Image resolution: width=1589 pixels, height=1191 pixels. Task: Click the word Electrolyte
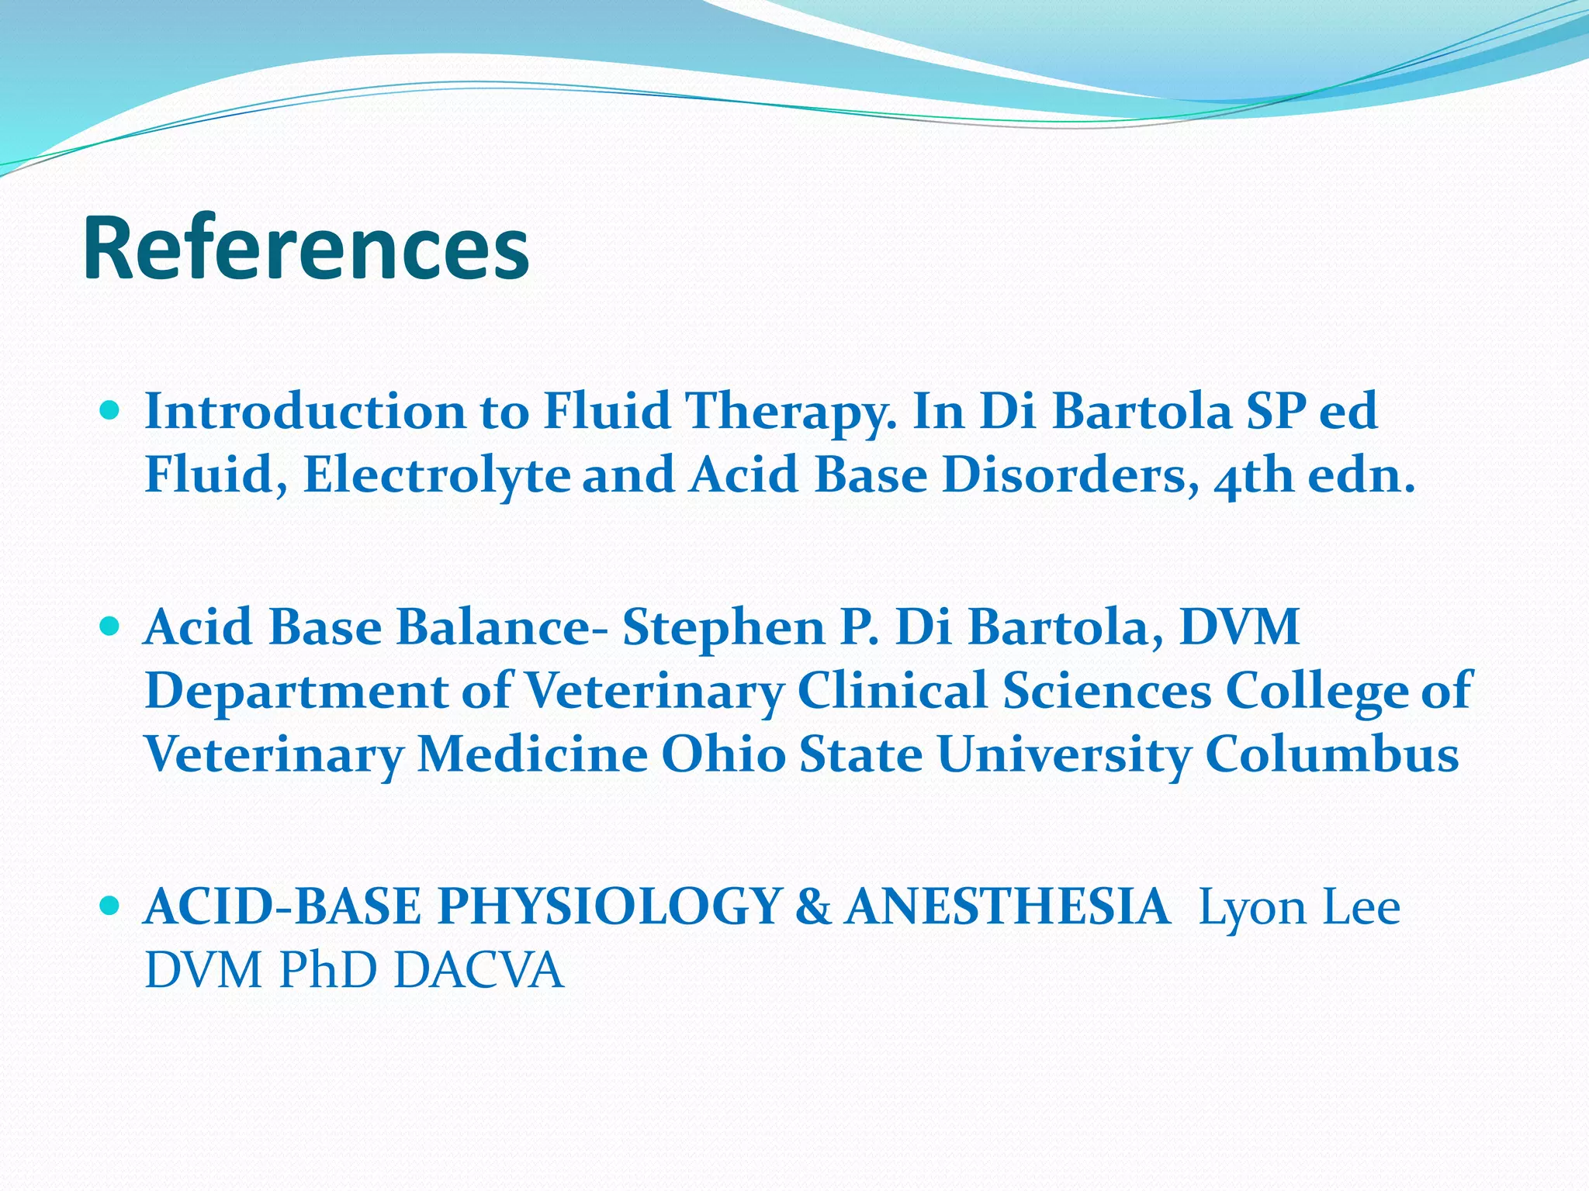tap(437, 475)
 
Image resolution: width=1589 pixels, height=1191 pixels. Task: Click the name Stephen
tap(723, 628)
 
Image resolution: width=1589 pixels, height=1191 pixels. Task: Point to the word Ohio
tap(723, 754)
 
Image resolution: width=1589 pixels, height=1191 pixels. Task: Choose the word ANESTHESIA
tap(1007, 906)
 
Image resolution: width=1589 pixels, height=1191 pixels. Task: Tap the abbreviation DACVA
tap(479, 970)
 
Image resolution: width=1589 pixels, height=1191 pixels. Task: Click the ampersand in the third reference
tap(812, 906)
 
